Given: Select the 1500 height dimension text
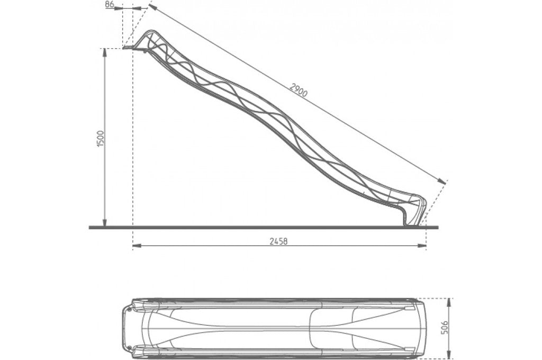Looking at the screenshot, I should tap(101, 138).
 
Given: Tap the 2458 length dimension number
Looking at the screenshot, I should tap(279, 241).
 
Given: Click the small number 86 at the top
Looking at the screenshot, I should tap(110, 4).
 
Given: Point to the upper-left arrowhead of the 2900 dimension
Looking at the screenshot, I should tap(151, 7).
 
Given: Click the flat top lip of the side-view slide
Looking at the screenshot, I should tap(129, 48).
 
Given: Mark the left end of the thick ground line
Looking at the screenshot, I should tap(90, 228).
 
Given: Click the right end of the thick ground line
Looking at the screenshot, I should tap(438, 228).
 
